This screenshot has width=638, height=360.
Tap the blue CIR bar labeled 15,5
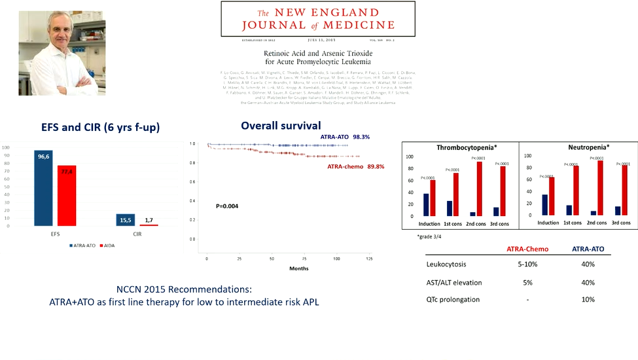point(126,220)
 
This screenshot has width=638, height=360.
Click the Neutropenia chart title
point(576,147)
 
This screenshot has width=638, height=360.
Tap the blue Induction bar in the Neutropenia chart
point(545,205)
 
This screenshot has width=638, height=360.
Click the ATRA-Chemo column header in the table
point(526,249)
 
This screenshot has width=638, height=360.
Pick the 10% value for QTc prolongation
point(587,300)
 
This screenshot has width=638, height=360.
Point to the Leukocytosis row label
point(446,264)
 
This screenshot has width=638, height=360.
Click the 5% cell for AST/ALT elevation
point(526,282)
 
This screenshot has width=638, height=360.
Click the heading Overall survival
point(280,126)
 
